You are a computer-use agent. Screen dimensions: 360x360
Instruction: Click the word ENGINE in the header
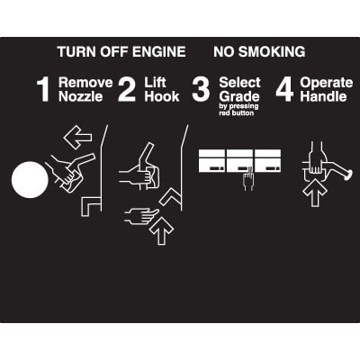coord(158,51)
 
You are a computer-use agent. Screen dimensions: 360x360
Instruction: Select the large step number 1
coord(43,90)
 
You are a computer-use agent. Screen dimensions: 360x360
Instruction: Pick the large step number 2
coord(127,90)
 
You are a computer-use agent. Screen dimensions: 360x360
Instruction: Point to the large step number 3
coord(201,90)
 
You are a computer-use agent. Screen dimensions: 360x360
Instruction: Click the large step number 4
coord(284,90)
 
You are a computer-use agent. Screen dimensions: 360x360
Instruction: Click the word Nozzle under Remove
coord(81,96)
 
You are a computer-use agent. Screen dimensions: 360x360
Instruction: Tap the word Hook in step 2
coord(162,96)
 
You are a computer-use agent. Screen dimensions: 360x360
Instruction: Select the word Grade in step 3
coord(239,96)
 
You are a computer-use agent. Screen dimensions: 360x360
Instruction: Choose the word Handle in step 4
coord(323,96)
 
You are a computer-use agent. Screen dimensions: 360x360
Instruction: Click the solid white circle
coord(30,180)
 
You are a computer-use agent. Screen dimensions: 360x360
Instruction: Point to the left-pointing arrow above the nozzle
coord(77,138)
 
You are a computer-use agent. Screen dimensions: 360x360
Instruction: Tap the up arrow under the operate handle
coord(314,194)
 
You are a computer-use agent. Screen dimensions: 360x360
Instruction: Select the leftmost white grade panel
coord(211,161)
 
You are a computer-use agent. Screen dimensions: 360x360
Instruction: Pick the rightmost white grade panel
coord(268,161)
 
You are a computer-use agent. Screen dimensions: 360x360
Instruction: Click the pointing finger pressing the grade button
coord(248,179)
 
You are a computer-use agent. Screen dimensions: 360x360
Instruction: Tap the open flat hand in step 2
coord(141,216)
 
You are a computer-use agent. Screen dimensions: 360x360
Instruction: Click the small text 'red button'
coord(237,113)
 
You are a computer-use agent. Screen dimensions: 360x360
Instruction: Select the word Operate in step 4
coord(327,83)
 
